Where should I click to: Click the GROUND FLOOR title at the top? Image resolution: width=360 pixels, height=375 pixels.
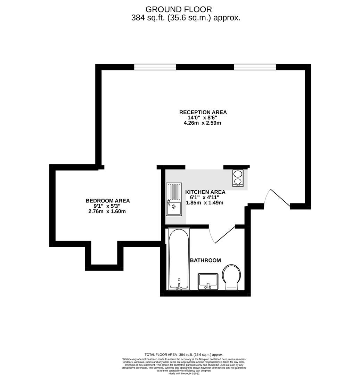pyautogui.click(x=179, y=9)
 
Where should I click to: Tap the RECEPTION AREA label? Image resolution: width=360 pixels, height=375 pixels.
pyautogui.click(x=203, y=112)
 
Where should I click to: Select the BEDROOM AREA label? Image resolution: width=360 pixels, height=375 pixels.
pyautogui.click(x=108, y=201)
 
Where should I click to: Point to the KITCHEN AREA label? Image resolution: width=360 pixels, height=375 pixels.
pyautogui.click(x=205, y=192)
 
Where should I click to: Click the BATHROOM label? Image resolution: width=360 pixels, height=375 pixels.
pyautogui.click(x=205, y=260)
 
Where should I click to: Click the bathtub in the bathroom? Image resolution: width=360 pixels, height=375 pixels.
pyautogui.click(x=179, y=259)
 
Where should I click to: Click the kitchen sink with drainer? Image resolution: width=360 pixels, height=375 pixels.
pyautogui.click(x=174, y=199)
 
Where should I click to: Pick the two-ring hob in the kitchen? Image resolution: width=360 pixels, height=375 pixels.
pyautogui.click(x=238, y=178)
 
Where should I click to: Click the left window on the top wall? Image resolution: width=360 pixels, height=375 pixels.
pyautogui.click(x=155, y=67)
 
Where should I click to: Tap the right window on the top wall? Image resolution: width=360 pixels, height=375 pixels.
pyautogui.click(x=255, y=67)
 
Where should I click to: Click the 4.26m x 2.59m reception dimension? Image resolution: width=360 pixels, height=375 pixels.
pyautogui.click(x=203, y=123)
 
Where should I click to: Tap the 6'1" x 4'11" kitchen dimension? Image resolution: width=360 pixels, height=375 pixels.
pyautogui.click(x=205, y=197)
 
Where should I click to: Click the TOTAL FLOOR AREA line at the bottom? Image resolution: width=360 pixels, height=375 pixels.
pyautogui.click(x=184, y=354)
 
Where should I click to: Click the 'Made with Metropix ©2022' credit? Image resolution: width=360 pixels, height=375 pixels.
pyautogui.click(x=184, y=373)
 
